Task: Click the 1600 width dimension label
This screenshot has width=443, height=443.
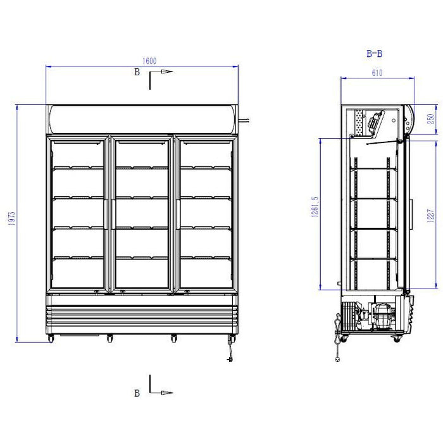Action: (149, 61)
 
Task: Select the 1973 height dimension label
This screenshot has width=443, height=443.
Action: (12, 218)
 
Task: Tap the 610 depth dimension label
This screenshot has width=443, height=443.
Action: (377, 73)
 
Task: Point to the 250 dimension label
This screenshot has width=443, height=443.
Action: (430, 119)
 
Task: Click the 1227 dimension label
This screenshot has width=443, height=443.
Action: (430, 216)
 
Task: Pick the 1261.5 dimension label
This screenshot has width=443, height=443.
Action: (315, 207)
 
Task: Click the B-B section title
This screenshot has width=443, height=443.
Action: (375, 53)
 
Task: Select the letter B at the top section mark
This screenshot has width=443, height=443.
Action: (137, 72)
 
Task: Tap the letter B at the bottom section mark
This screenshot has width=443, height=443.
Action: (137, 393)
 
